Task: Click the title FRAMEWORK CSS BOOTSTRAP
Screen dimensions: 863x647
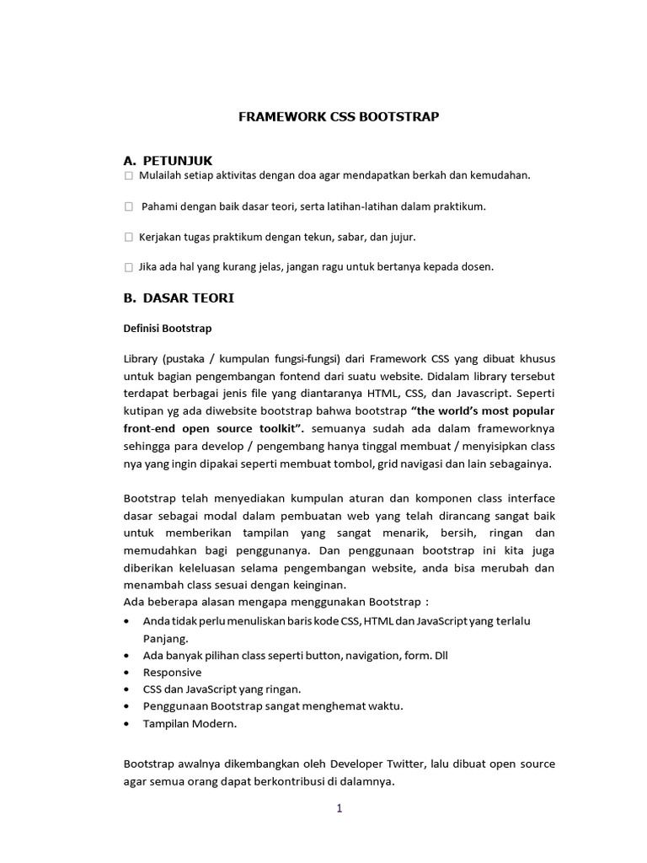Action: point(339,117)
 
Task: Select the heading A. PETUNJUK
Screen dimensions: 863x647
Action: point(168,160)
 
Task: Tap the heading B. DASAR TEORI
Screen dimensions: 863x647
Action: point(179,297)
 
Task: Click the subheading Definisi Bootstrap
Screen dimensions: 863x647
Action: point(168,328)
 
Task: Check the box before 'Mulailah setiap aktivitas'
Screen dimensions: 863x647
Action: point(128,176)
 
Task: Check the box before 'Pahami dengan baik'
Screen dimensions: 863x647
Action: point(128,206)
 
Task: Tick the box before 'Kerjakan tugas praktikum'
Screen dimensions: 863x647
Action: point(128,237)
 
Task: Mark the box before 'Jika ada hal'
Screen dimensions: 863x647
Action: point(128,267)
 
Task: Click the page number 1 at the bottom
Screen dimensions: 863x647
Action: point(340,809)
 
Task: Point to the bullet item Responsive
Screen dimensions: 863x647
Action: point(172,672)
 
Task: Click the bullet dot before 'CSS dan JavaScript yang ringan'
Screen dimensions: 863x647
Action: point(126,689)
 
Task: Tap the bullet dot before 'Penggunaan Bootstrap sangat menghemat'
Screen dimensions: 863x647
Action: point(126,706)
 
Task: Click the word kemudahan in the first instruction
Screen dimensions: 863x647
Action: point(501,176)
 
